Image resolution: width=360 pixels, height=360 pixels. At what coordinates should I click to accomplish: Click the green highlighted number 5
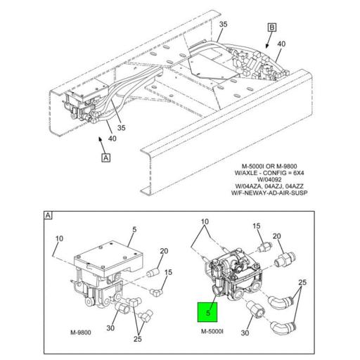pyautogui.click(x=207, y=307)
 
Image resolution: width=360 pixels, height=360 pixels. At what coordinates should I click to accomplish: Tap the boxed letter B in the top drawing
pyautogui.click(x=271, y=27)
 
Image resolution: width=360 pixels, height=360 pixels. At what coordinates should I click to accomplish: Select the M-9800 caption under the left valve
pyautogui.click(x=84, y=332)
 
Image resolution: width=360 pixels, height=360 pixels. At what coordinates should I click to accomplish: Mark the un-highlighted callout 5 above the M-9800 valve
pyautogui.click(x=133, y=229)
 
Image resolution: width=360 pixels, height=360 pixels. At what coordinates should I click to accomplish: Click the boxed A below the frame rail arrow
pyautogui.click(x=105, y=157)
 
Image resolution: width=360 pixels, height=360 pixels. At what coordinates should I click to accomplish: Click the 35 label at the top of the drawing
pyautogui.click(x=224, y=25)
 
